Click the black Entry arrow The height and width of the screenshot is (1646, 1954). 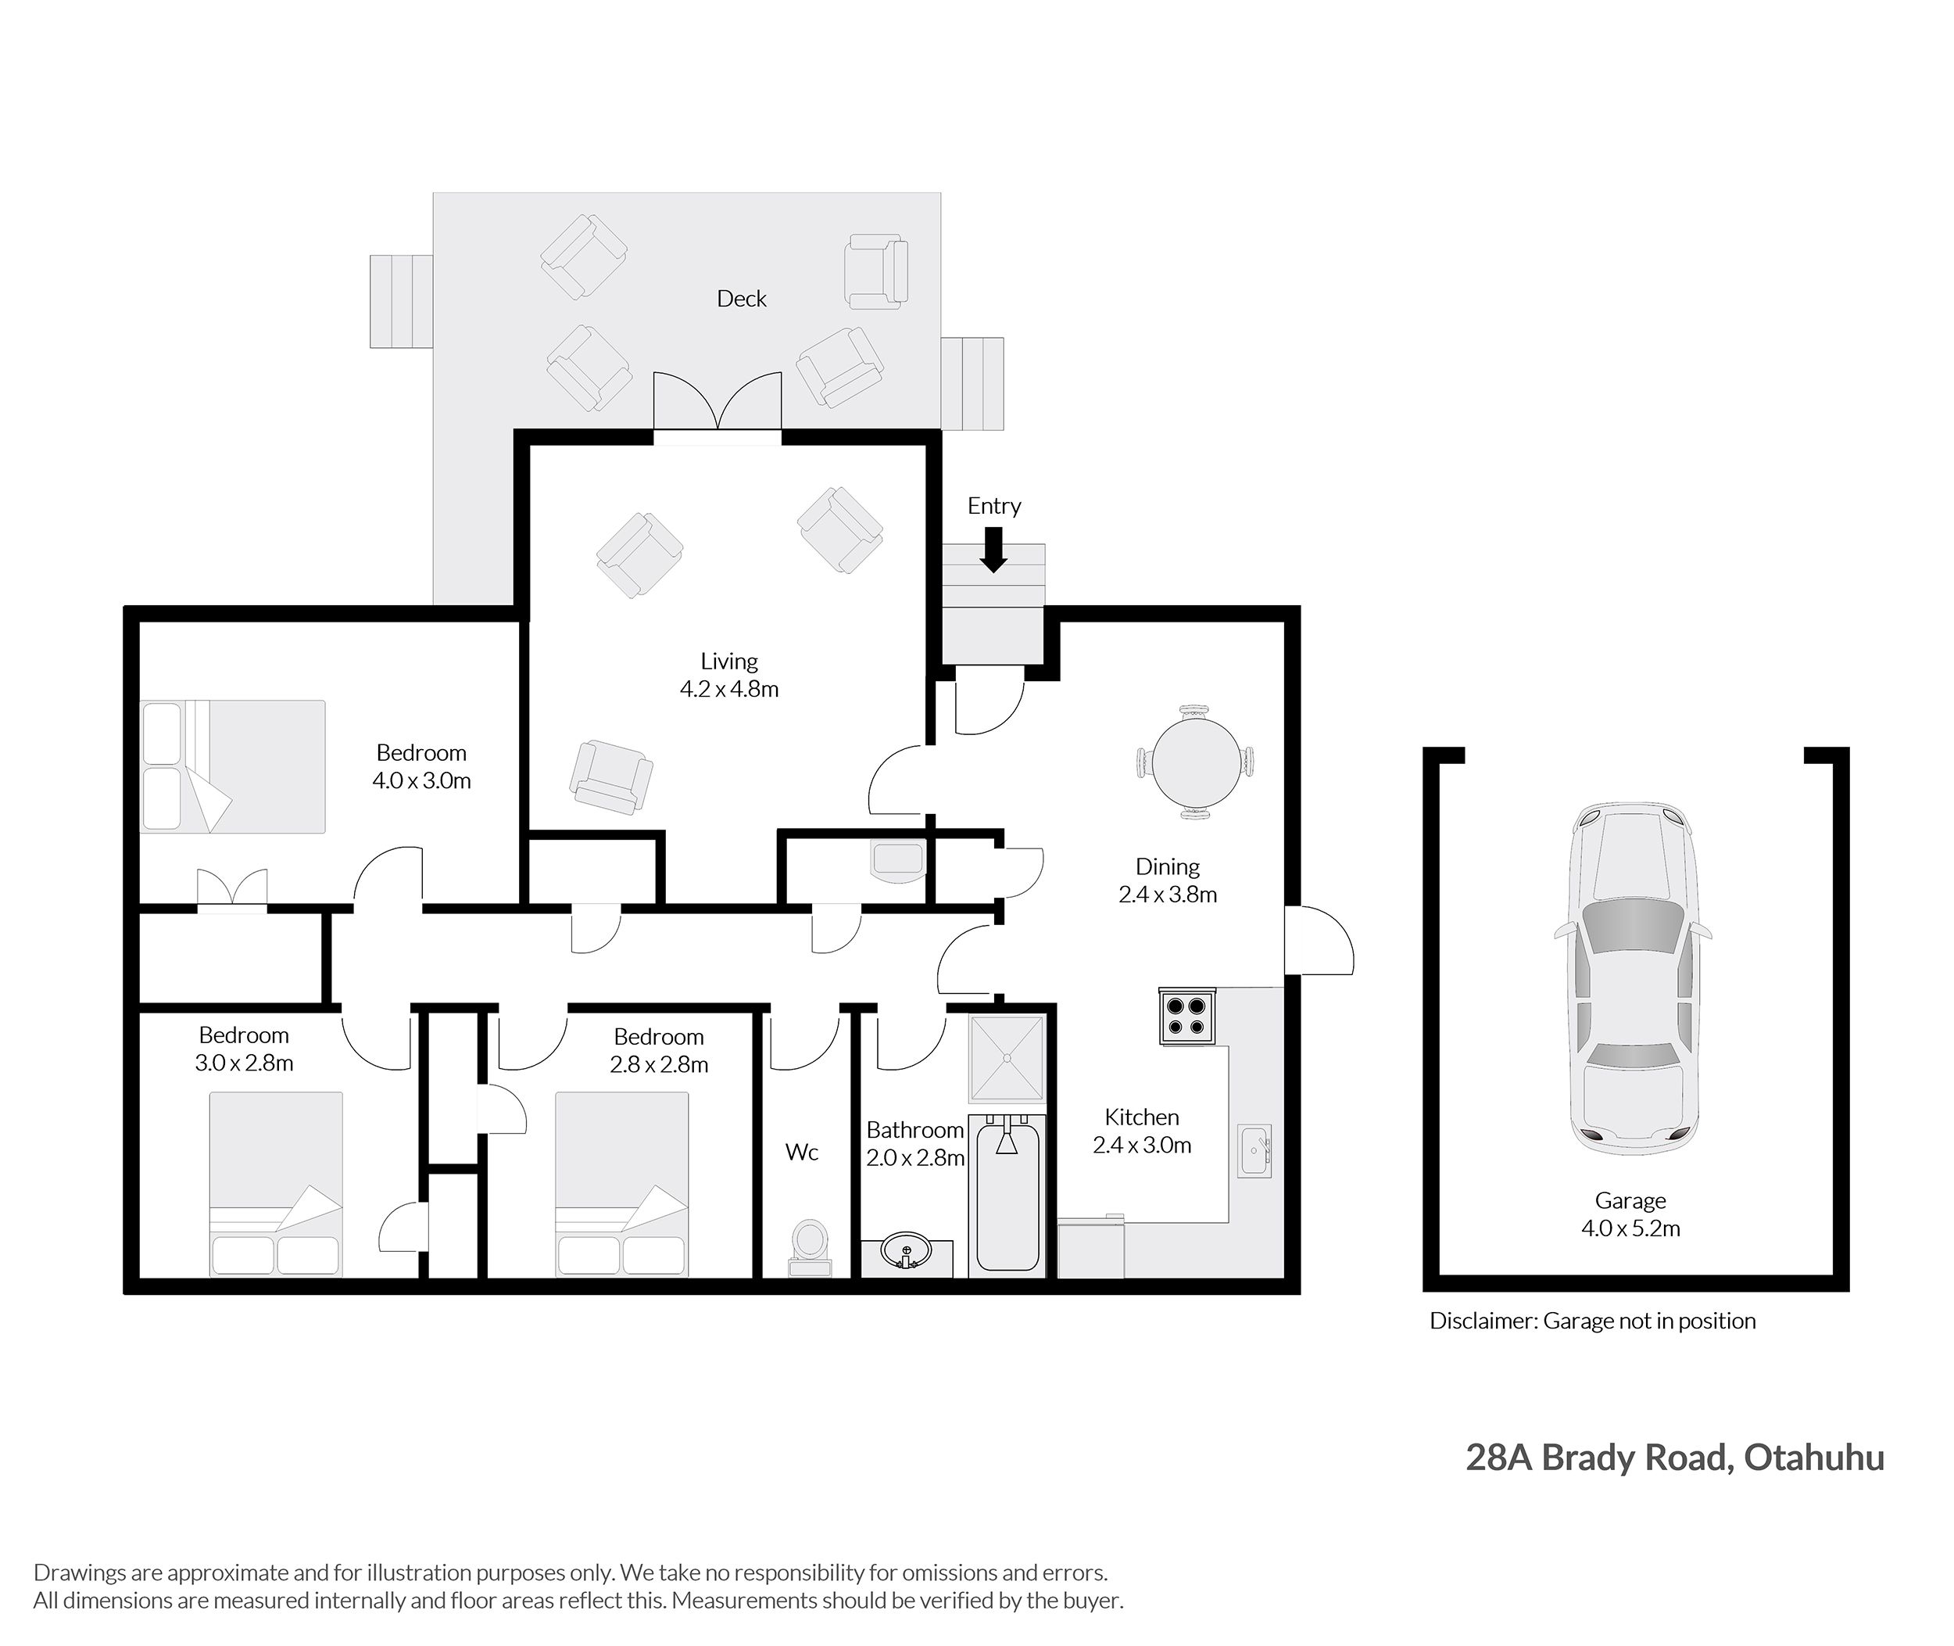[x=994, y=550]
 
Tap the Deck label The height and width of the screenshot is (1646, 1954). [x=742, y=299]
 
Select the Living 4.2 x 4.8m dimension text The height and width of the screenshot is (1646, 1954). [x=729, y=690]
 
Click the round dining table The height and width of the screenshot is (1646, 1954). [x=1196, y=762]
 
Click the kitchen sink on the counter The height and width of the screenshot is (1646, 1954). [x=1254, y=1153]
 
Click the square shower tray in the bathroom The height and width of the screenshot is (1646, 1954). [x=1007, y=1058]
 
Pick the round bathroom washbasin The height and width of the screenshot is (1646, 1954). [x=905, y=1247]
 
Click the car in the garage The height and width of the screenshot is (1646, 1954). [x=1633, y=979]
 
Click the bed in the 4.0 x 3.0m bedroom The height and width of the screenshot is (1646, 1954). [x=232, y=766]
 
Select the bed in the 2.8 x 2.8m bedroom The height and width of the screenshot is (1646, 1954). [x=622, y=1184]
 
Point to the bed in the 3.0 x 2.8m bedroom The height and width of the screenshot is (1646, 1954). [x=276, y=1184]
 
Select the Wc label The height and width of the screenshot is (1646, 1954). [x=802, y=1153]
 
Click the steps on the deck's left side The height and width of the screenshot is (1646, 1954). [x=401, y=301]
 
